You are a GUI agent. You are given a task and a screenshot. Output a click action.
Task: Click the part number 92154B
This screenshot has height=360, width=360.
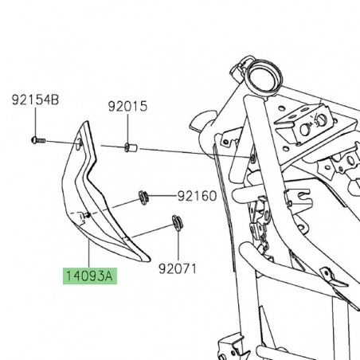[35, 101]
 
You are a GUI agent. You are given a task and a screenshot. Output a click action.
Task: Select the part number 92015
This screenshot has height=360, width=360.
[129, 105]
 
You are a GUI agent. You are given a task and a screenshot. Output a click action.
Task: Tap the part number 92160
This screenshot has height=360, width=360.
[197, 195]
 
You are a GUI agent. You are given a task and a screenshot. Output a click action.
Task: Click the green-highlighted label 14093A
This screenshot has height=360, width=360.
[90, 277]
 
